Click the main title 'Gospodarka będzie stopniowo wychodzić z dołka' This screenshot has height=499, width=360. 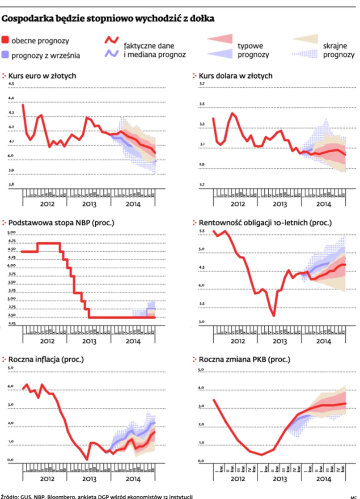[x=108, y=19]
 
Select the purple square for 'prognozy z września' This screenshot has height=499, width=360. [x=5, y=55]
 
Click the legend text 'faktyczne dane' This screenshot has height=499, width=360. [x=149, y=46]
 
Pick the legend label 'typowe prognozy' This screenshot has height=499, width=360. [x=253, y=50]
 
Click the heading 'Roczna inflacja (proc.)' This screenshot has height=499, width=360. [x=47, y=359]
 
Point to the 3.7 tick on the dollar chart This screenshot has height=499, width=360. [x=202, y=84]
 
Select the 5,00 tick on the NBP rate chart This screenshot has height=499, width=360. [x=12, y=232]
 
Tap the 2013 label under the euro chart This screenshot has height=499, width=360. [x=89, y=204]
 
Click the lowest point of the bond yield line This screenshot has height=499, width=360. [x=273, y=315]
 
